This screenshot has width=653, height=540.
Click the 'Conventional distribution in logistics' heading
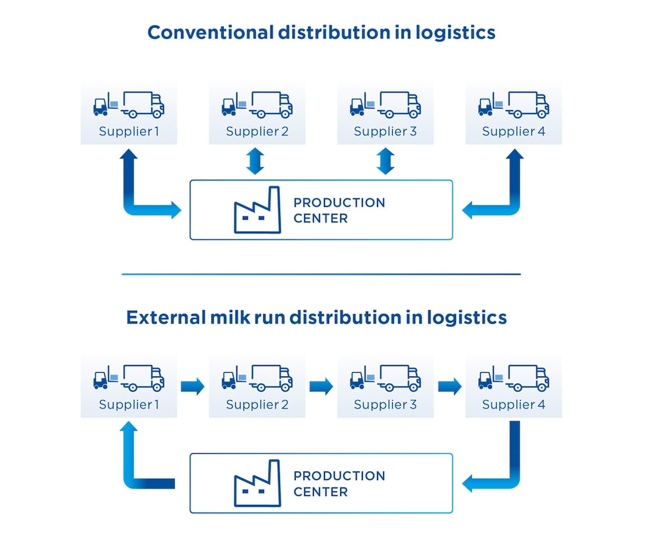pos(321,32)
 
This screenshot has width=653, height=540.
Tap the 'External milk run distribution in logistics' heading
pos(316,317)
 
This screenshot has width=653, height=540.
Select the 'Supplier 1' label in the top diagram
pos(128,131)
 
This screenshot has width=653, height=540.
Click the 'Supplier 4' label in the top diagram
pos(513,131)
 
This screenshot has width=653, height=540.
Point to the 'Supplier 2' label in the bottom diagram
pos(257,405)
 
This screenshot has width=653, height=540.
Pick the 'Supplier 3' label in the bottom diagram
pos(385,405)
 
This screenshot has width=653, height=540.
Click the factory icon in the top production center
pos(258,210)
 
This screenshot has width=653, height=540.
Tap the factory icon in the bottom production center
pos(258,483)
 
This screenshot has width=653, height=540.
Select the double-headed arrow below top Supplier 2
pos(255,161)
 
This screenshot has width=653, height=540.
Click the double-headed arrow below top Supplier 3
pos(385,161)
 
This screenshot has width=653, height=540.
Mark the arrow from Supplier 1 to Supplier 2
pos(192,386)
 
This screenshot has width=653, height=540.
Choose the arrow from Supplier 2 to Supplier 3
pos(321,386)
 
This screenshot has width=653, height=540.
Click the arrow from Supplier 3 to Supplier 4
pos(450,386)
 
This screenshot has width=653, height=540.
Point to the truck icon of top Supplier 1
pos(143,105)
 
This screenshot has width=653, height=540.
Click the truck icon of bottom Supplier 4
pos(528,377)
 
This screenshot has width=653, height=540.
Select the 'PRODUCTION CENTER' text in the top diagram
pos(339,210)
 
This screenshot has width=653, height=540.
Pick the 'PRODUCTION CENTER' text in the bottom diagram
pos(339,483)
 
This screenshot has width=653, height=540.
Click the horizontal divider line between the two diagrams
pos(321,274)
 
